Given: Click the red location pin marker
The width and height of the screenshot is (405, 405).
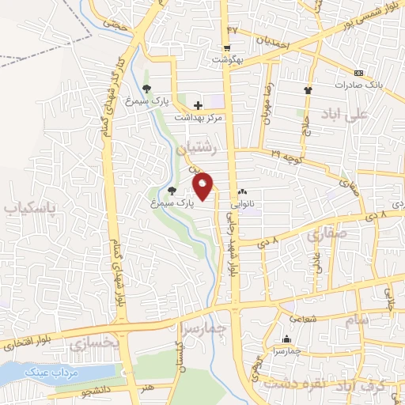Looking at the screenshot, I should [203, 186].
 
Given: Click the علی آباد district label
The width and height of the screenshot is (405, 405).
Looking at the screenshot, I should [346, 115].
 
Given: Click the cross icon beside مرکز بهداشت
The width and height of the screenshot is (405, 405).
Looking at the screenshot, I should [198, 104].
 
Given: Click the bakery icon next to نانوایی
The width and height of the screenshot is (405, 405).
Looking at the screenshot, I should [242, 191].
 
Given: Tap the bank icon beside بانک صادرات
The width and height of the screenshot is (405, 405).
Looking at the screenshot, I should [358, 73].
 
